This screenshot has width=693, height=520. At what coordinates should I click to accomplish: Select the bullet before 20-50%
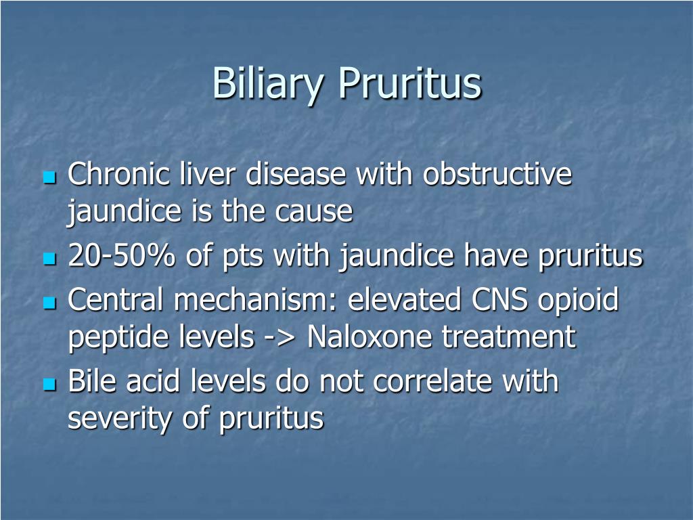49,259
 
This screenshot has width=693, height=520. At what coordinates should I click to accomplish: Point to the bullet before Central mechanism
49,303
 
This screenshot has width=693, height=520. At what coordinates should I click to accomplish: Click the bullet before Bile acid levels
49,385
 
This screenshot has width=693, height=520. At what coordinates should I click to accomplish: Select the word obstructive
497,175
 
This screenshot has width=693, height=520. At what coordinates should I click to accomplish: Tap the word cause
314,213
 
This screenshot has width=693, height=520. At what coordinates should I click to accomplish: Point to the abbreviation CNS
497,300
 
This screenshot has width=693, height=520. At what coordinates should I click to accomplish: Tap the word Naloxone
371,337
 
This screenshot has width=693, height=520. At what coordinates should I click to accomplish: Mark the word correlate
433,382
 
